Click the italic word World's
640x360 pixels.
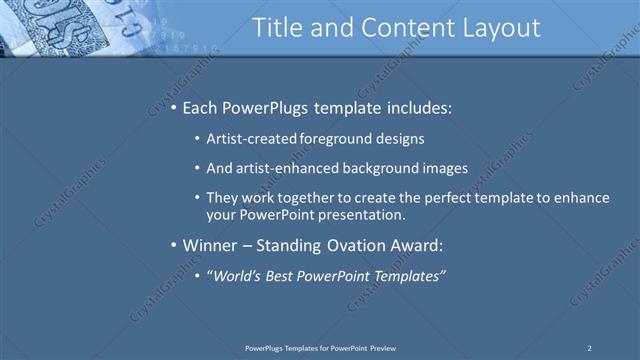click(234, 275)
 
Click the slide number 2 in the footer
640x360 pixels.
click(589, 347)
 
